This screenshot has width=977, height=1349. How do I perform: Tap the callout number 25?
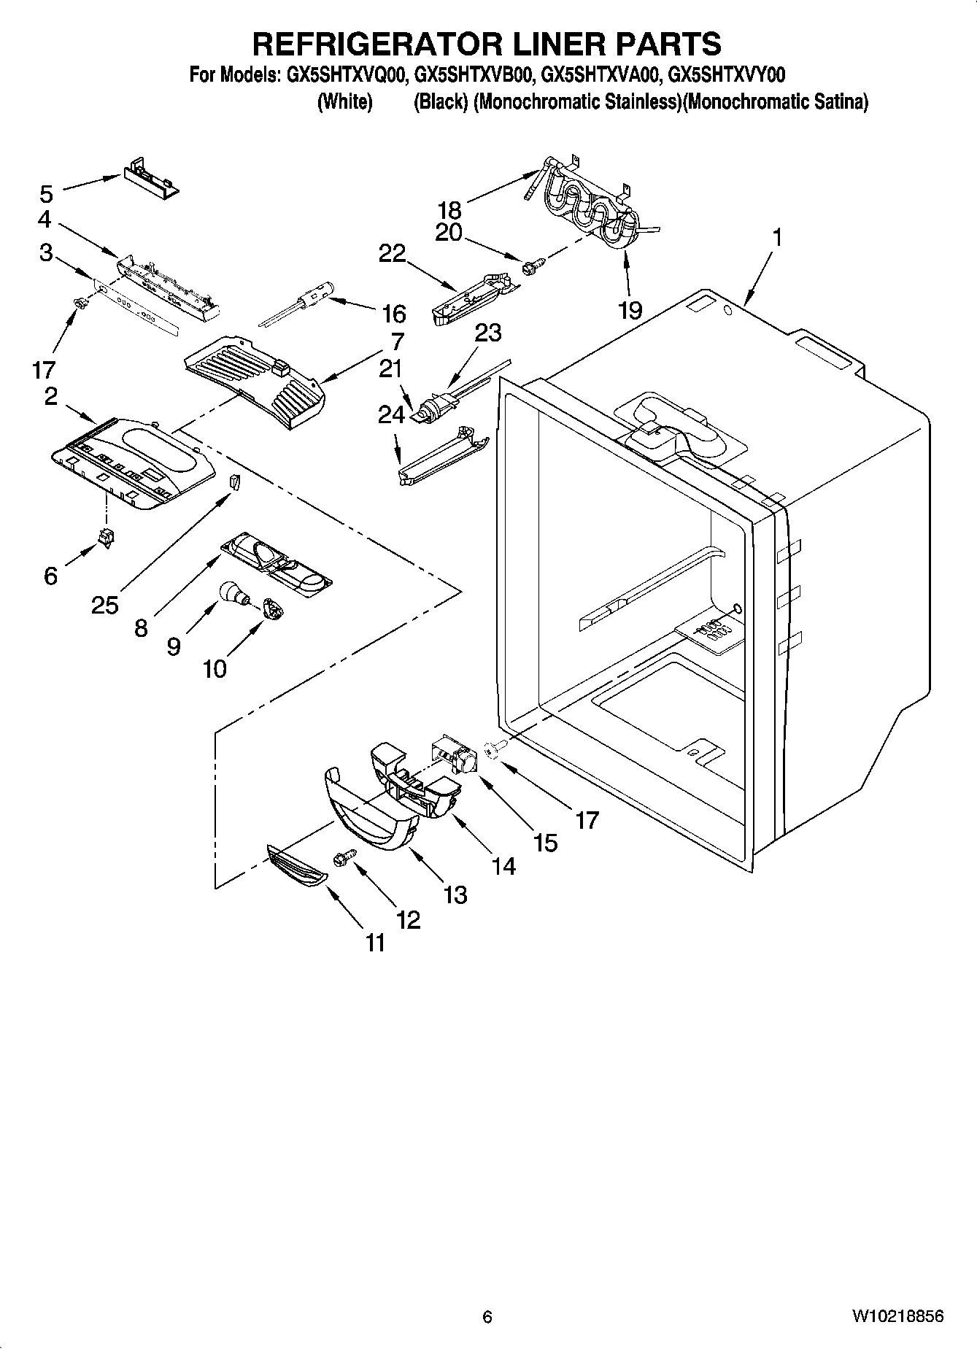click(x=105, y=604)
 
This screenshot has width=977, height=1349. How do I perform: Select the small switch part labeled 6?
click(x=107, y=538)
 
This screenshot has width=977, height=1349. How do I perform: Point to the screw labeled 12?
click(x=344, y=858)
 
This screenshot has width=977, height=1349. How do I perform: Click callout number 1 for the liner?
click(x=778, y=237)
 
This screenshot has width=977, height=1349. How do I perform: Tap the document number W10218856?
click(x=897, y=1317)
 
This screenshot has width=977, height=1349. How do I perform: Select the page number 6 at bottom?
click(x=487, y=1317)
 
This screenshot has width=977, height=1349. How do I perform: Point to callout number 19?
click(x=630, y=309)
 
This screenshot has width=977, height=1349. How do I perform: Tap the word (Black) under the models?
click(x=440, y=102)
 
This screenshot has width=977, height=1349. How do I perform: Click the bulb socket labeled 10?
click(x=272, y=608)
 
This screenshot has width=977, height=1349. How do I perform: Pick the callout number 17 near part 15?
click(x=587, y=820)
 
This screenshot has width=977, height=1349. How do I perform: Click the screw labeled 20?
click(x=530, y=268)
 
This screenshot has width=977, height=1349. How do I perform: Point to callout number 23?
click(x=487, y=333)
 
